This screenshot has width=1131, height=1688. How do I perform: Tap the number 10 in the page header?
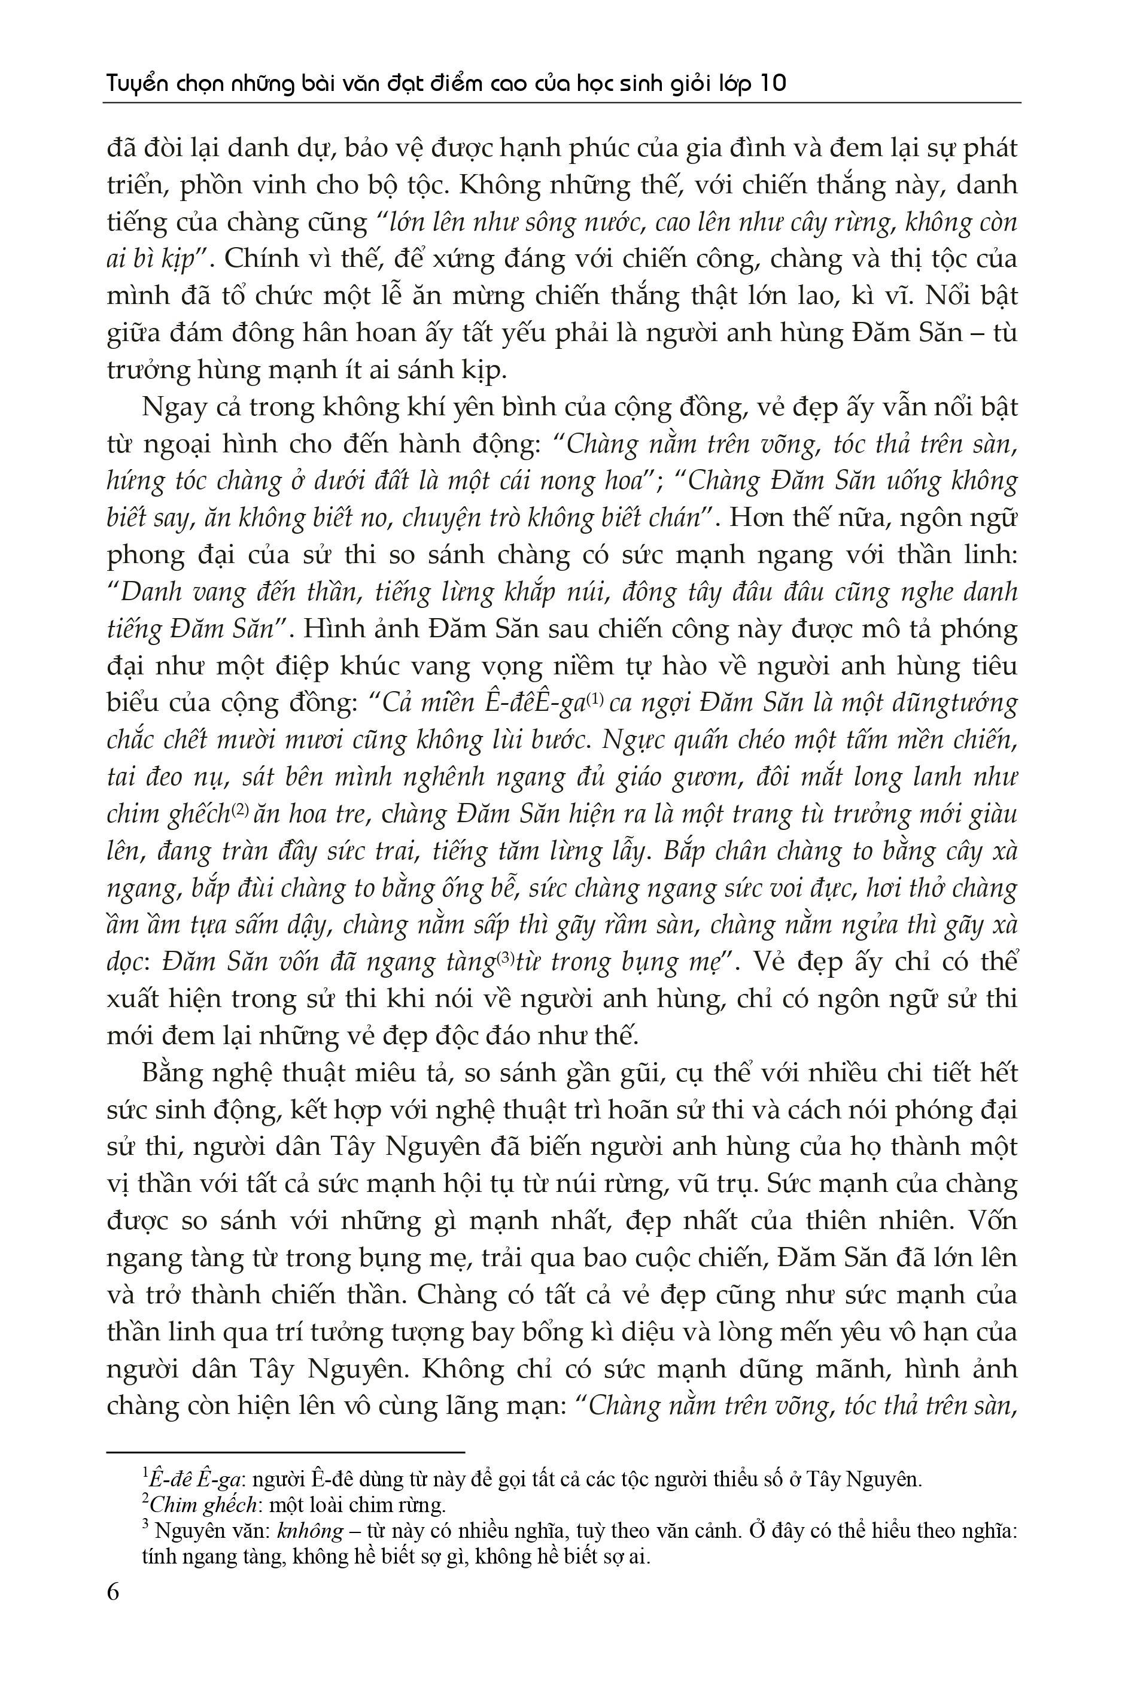(773, 84)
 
